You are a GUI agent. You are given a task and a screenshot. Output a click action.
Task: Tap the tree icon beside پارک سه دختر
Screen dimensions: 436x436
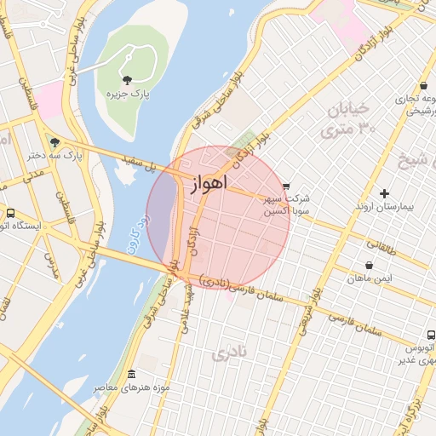(x=55, y=142)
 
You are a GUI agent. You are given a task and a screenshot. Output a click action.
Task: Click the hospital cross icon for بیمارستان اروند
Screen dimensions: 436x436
(x=384, y=193)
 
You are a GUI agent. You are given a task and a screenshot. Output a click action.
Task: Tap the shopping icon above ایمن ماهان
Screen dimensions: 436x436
(x=368, y=266)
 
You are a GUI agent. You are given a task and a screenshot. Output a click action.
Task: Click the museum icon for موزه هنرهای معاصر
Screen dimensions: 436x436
(x=130, y=375)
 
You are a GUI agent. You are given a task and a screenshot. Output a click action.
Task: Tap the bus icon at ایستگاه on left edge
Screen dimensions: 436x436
(x=10, y=213)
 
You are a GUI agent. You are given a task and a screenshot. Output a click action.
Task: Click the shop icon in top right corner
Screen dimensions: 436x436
(x=423, y=85)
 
